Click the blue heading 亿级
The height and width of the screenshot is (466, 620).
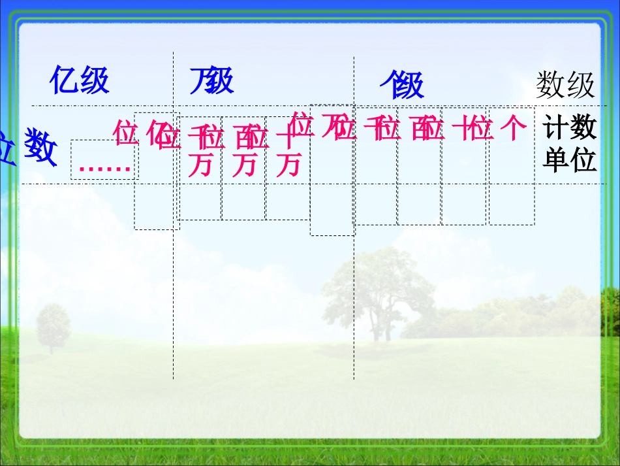click(79, 81)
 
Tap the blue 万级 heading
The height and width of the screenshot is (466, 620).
click(211, 81)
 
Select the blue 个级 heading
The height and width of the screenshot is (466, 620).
click(402, 86)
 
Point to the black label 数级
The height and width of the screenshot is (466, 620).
click(565, 86)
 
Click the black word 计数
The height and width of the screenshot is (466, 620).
click(570, 128)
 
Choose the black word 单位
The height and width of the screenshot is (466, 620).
click(570, 161)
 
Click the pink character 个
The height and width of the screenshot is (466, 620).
click(512, 128)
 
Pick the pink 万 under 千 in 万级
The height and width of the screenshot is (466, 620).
click(200, 165)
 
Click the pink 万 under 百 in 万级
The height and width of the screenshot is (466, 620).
click(244, 165)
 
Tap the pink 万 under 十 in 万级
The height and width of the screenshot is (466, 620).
click(288, 165)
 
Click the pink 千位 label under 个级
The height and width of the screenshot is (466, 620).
click(382, 128)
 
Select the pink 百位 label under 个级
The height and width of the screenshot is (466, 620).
click(428, 128)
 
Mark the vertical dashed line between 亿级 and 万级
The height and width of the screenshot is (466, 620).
click(173, 294)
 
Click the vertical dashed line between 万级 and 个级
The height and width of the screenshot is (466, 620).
click(354, 294)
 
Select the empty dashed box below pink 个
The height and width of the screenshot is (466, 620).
click(511, 196)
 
